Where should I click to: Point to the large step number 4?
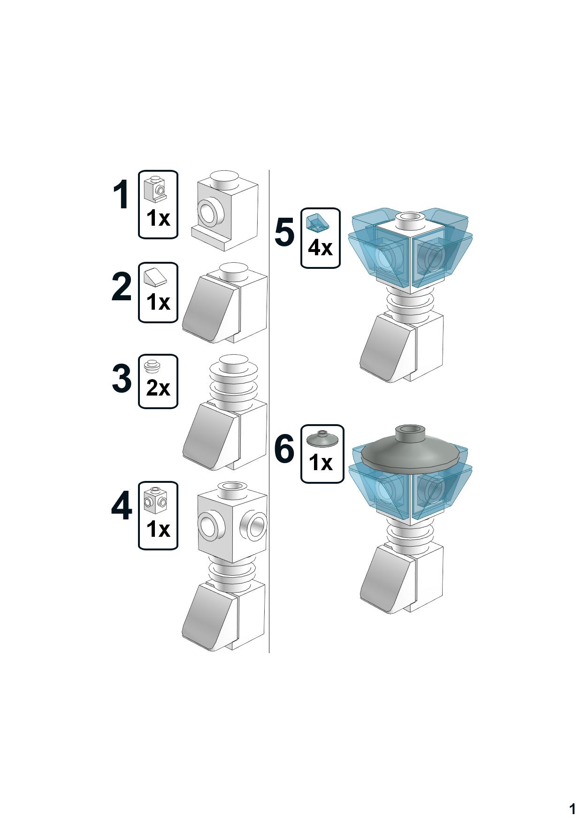(x=122, y=506)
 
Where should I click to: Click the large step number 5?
(x=284, y=232)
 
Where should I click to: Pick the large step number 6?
(x=284, y=449)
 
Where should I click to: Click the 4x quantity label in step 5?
(x=320, y=247)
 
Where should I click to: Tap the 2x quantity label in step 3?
(x=158, y=388)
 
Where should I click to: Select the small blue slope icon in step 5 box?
(x=318, y=223)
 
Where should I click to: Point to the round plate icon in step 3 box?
(x=152, y=365)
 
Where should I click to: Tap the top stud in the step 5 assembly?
(x=410, y=217)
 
